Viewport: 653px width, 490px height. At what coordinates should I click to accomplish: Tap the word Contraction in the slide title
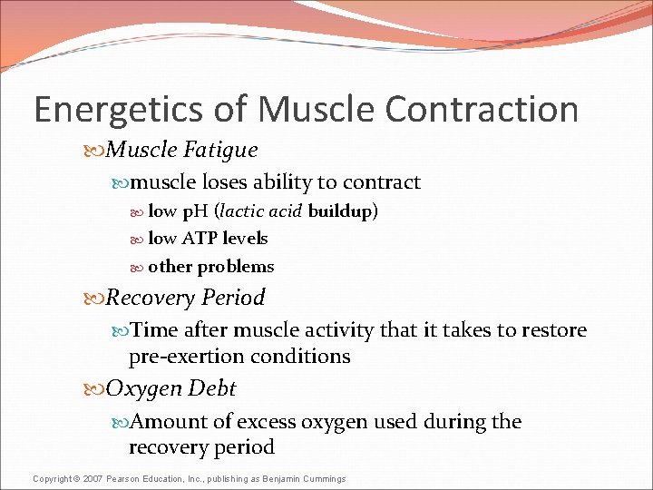(x=482, y=110)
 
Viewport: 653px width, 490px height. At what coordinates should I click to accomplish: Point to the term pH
(x=196, y=211)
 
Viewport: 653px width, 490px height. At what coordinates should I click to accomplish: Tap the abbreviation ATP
(x=199, y=239)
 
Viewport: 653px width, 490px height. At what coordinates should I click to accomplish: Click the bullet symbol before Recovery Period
(x=96, y=298)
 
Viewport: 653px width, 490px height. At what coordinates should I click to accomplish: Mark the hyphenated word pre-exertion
(x=186, y=357)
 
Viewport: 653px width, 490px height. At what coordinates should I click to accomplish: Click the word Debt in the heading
(x=210, y=388)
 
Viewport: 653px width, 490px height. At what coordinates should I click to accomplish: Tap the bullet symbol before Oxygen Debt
(x=96, y=389)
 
